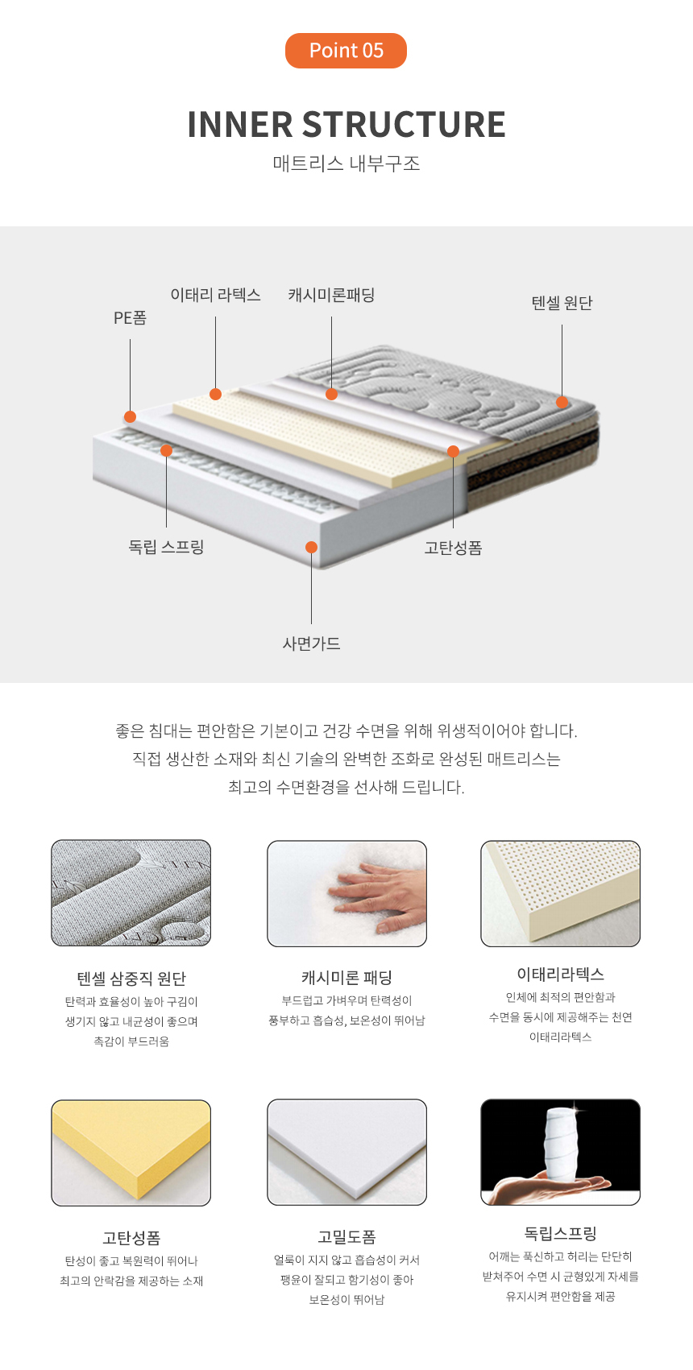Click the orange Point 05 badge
click(346, 51)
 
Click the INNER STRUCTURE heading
click(346, 124)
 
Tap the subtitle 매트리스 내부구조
click(346, 163)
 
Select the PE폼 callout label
click(130, 317)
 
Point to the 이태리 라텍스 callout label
click(215, 295)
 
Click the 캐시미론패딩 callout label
click(331, 295)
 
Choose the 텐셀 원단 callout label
click(562, 303)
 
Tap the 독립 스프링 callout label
click(166, 546)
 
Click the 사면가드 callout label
click(311, 644)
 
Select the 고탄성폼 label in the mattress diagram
click(453, 548)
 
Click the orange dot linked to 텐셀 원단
click(562, 402)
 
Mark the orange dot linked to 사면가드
click(311, 547)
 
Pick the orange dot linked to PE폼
click(130, 416)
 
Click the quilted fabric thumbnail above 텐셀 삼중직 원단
click(131, 893)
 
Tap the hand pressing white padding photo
click(346, 893)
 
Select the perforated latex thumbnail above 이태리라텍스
click(560, 893)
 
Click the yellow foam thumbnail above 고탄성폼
click(131, 1153)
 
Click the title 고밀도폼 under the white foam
click(346, 1237)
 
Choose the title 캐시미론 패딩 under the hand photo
click(346, 977)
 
